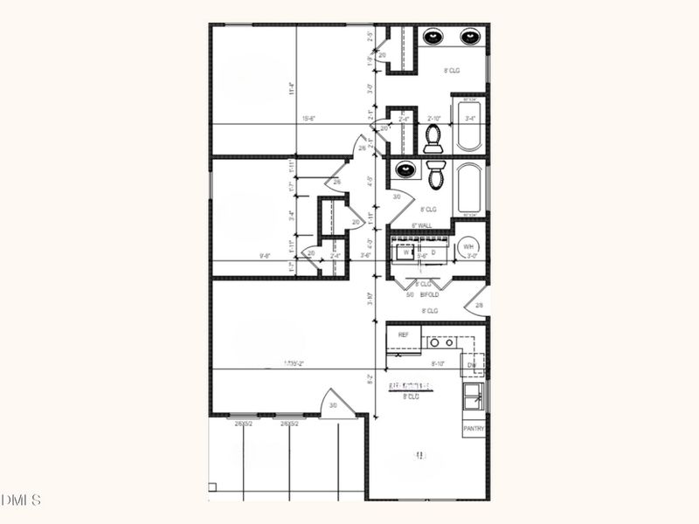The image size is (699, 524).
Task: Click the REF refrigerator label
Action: click(404, 334)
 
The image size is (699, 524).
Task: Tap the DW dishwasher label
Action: click(470, 364)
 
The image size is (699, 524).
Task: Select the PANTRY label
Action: click(474, 429)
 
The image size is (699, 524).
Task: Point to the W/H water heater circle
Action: click(469, 246)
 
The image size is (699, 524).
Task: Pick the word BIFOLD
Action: click(428, 295)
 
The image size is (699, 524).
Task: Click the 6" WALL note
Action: click(422, 225)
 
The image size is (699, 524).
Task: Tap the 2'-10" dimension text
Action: click(435, 119)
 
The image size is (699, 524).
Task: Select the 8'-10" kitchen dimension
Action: click(439, 363)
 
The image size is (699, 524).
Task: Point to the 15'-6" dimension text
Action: click(309, 119)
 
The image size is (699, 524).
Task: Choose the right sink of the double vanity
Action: click(470, 37)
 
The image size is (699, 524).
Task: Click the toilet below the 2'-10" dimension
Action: click(433, 139)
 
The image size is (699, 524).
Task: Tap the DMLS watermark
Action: click(21, 500)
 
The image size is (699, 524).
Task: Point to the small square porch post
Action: click(212, 486)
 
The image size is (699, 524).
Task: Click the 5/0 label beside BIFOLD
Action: click(410, 295)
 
